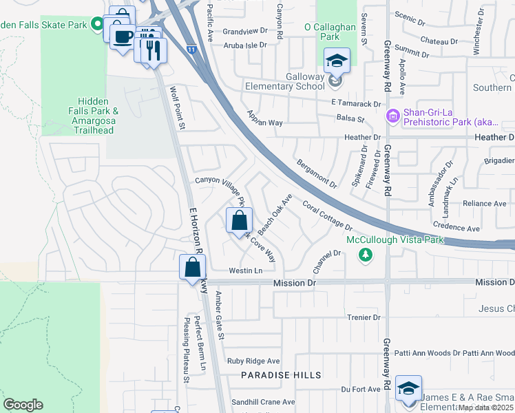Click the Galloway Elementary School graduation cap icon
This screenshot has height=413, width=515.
(x=337, y=62)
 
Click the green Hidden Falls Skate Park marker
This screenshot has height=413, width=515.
(x=98, y=25)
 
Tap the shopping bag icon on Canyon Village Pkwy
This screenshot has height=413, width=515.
(x=239, y=221)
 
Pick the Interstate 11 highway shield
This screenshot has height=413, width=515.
(x=191, y=49)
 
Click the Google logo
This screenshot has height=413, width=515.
(x=23, y=405)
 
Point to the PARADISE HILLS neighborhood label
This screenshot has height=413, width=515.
(x=281, y=375)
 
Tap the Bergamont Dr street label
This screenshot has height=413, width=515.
(x=317, y=174)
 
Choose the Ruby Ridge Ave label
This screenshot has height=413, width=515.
(x=253, y=361)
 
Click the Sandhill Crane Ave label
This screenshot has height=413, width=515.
(x=263, y=402)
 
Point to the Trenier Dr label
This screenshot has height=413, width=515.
(x=364, y=317)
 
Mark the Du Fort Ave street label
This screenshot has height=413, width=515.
(x=361, y=389)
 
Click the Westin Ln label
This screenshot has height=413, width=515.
(x=246, y=271)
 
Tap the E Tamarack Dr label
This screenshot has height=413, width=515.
(x=355, y=104)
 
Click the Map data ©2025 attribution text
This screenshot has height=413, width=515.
(x=485, y=407)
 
